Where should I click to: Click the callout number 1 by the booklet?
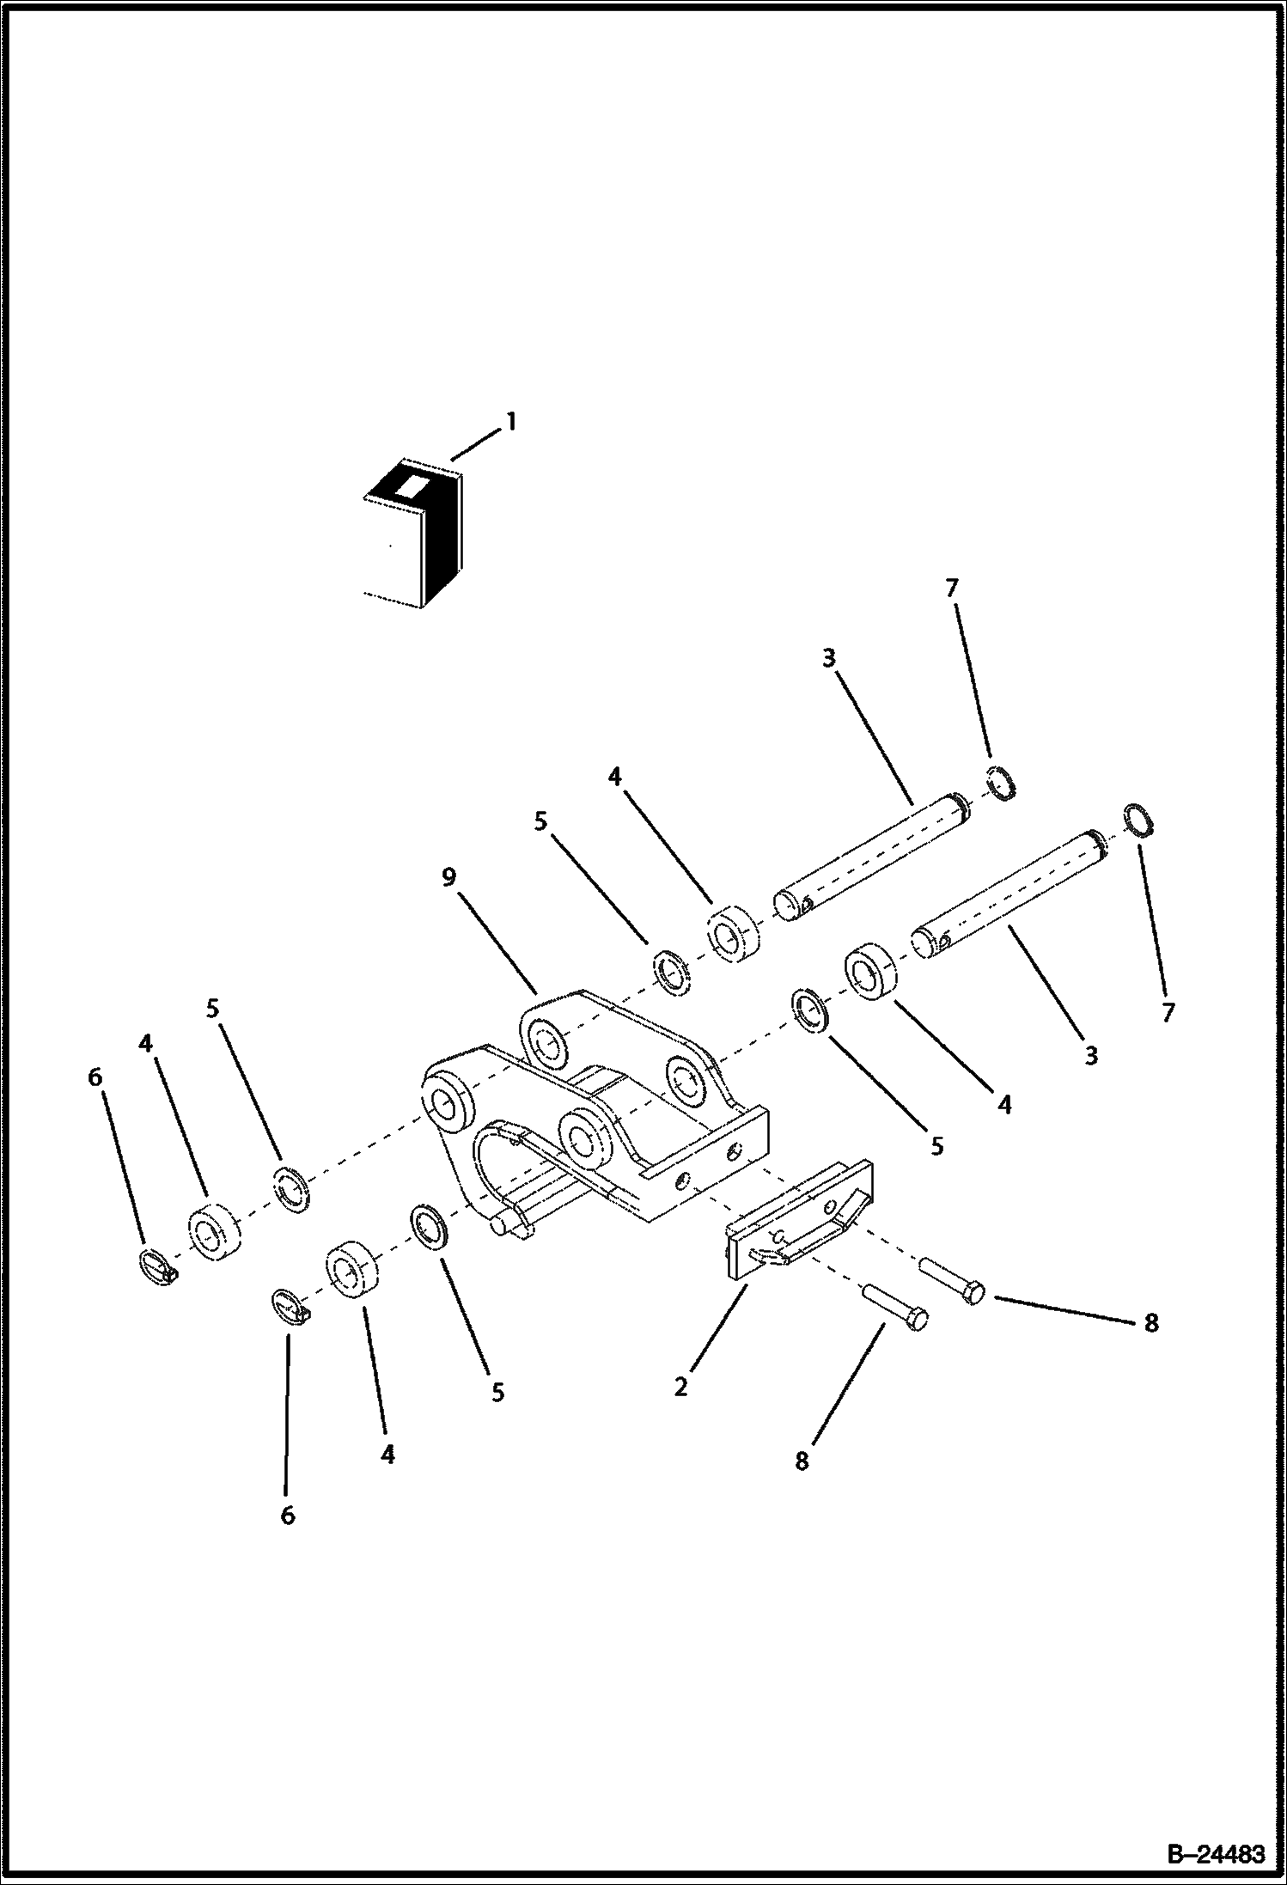tap(510, 422)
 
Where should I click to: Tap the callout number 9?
tap(449, 878)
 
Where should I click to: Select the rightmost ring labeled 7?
tap(1138, 820)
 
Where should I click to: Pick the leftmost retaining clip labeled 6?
tap(157, 1265)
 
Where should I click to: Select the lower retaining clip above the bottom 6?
tap(289, 1303)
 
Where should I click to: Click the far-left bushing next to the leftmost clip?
tap(214, 1232)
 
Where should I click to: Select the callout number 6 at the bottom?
tap(288, 1516)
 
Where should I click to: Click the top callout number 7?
tap(951, 589)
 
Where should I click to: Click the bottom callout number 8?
tap(802, 1461)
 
